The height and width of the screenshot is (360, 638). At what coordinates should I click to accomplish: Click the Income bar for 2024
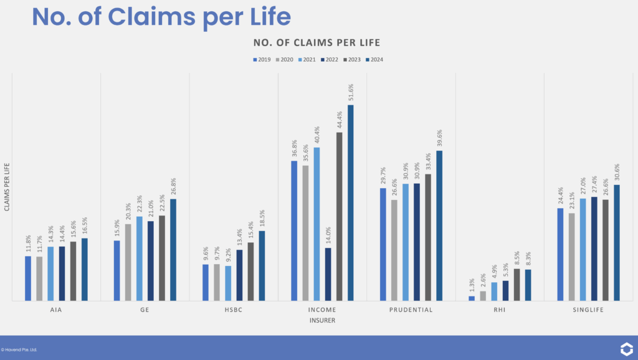click(x=351, y=203)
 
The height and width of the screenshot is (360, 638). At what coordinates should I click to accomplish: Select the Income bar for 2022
click(x=328, y=275)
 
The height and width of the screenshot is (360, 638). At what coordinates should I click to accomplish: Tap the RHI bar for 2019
click(x=472, y=298)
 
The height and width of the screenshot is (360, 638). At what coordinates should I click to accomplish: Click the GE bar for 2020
click(x=128, y=262)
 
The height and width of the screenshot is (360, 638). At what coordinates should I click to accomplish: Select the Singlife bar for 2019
click(x=560, y=254)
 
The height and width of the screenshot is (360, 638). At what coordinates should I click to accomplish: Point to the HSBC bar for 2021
click(x=228, y=283)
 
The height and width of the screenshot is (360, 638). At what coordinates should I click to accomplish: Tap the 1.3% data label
click(x=472, y=285)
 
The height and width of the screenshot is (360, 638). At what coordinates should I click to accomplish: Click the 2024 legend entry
click(x=374, y=60)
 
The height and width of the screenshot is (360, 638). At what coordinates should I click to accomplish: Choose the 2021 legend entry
click(x=308, y=60)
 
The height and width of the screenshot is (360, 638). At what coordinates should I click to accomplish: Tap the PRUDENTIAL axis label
click(x=411, y=310)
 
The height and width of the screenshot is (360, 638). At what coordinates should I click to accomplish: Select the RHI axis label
click(x=500, y=310)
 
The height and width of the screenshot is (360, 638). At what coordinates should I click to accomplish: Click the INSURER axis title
click(x=323, y=320)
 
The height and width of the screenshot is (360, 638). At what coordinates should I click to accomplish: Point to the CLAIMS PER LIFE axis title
click(x=7, y=187)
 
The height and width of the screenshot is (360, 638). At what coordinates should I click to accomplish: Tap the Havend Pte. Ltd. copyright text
click(x=19, y=349)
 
